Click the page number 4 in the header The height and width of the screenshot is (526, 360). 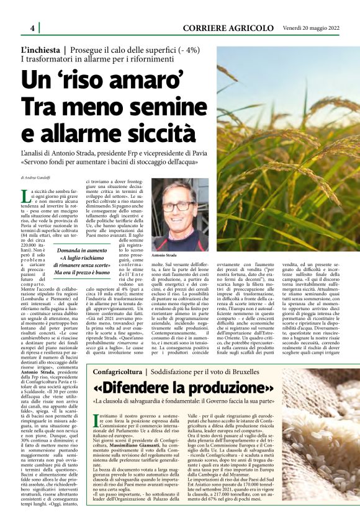click(32, 28)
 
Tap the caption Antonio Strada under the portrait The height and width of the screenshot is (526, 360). click(165, 255)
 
